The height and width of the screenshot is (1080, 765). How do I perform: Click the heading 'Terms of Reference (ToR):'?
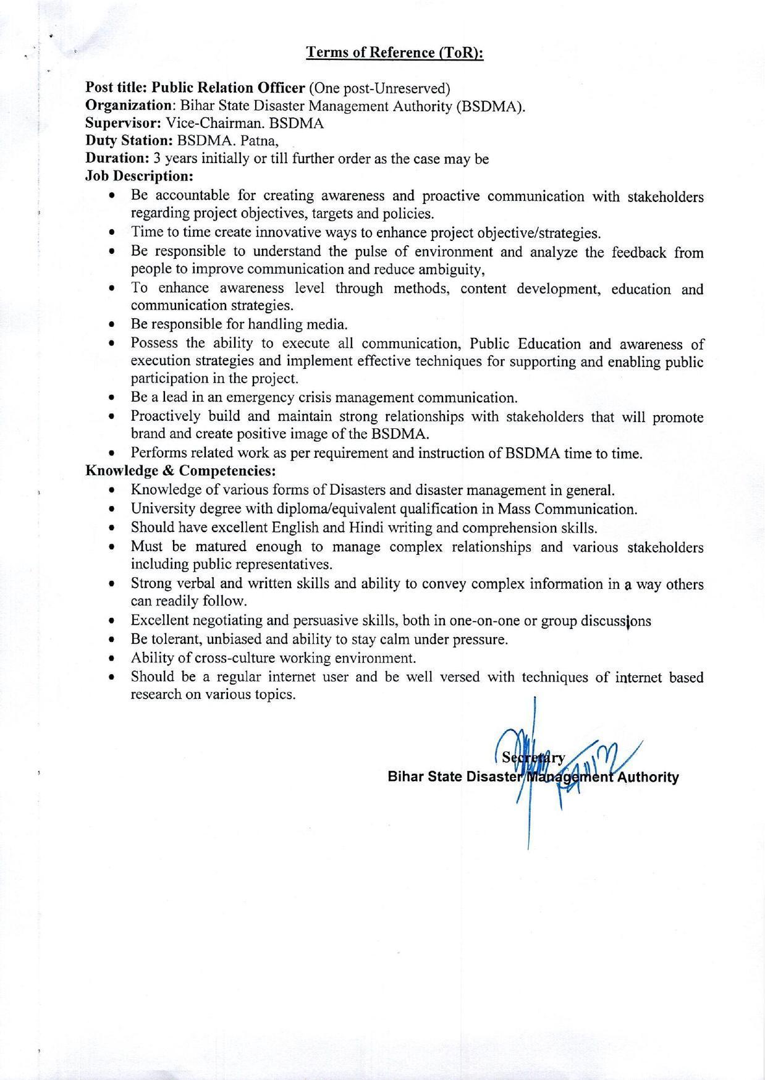pyautogui.click(x=395, y=53)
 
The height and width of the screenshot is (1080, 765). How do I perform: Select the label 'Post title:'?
pyautogui.click(x=116, y=88)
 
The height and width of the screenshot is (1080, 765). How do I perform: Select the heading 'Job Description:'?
pyautogui.click(x=139, y=176)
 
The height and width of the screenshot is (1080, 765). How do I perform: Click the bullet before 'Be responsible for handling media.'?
pyautogui.click(x=111, y=324)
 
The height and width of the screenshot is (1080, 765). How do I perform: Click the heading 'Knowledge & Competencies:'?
pyautogui.click(x=180, y=471)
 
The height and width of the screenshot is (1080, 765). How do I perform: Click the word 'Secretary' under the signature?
pyautogui.click(x=533, y=758)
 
